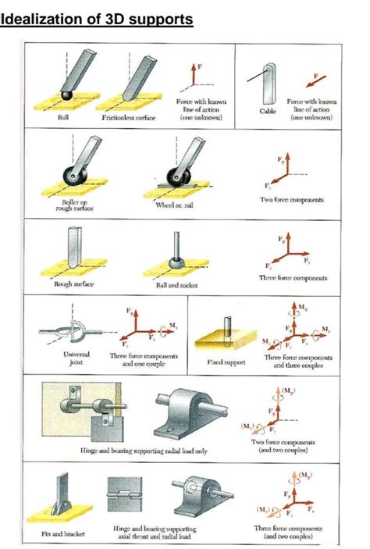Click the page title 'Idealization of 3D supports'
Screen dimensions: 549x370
pyautogui.click(x=97, y=18)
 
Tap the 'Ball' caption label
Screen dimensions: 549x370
pyautogui.click(x=63, y=117)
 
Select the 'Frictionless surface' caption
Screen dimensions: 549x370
pyautogui.click(x=129, y=117)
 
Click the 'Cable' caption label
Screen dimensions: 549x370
pyautogui.click(x=268, y=112)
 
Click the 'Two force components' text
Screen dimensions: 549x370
pyautogui.click(x=294, y=200)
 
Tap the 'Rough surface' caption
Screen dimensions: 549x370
pyautogui.click(x=73, y=283)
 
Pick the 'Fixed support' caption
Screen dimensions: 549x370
pyautogui.click(x=225, y=362)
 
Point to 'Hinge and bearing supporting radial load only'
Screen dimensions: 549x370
pyautogui.click(x=144, y=451)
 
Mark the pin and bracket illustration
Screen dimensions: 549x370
pyautogui.click(x=62, y=500)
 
